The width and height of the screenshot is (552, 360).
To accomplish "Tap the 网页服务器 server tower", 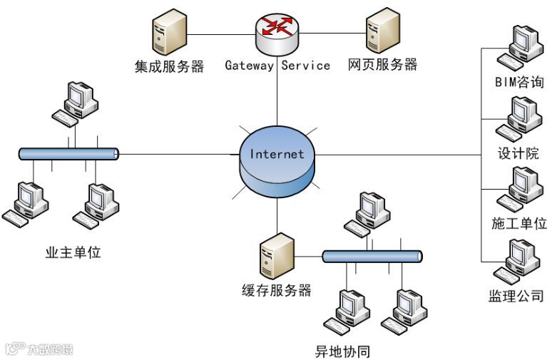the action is tap(383, 31).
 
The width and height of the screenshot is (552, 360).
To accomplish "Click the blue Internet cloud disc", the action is tap(277, 162).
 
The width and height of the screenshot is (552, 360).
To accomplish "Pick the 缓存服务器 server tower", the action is tap(277, 256).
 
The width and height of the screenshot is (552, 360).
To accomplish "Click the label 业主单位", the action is tap(73, 252).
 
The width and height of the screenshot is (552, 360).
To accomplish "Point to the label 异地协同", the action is tap(342, 351).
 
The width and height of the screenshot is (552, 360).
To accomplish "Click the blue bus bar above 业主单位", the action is tap(68, 154).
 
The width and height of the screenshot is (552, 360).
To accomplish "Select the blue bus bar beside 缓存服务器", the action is tap(372, 257).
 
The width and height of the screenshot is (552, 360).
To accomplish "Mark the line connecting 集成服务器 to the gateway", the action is tap(221, 34).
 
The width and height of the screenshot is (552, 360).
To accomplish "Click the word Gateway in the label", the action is tap(249, 66).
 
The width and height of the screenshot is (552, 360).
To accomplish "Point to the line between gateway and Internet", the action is tap(277, 91).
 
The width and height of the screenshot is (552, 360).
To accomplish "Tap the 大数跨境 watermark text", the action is tap(51, 349).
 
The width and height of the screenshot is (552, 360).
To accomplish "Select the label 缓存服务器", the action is tap(277, 291).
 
